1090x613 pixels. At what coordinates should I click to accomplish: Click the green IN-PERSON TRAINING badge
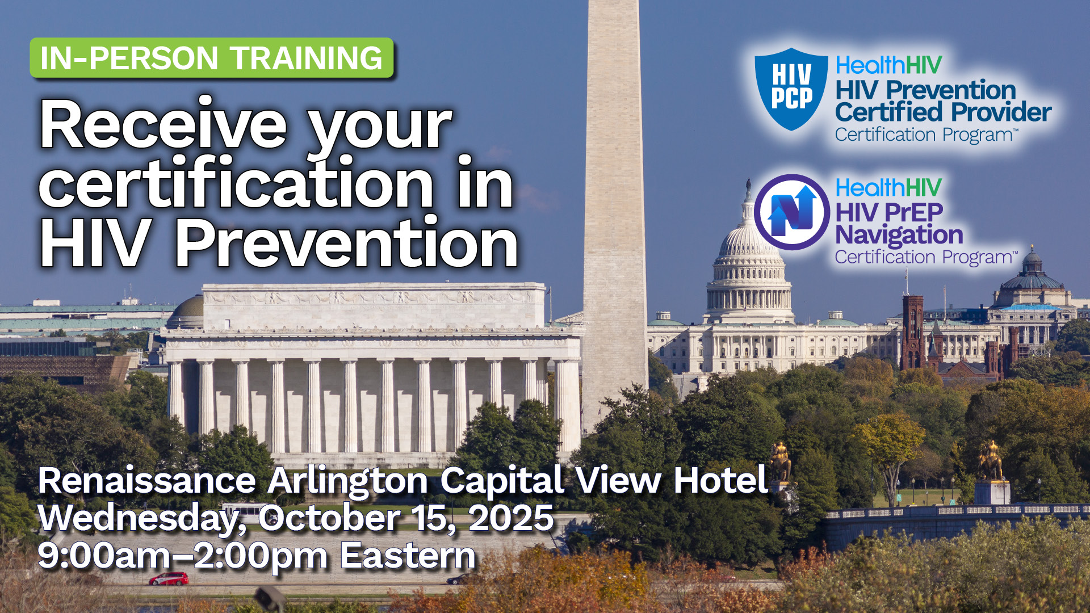point(211,58)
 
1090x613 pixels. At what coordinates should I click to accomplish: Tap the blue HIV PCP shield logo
point(791,89)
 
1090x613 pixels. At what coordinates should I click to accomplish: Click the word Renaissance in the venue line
point(147,481)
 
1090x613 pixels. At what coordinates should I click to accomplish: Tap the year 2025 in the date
point(511,518)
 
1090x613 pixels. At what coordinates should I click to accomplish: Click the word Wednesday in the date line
point(142,519)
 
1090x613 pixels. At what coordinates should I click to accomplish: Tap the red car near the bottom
point(169,579)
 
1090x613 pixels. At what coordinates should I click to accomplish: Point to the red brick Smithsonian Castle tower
point(912,332)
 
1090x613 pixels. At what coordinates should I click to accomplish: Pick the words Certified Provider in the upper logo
point(943,112)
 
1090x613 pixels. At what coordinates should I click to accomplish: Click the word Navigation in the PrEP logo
point(899,236)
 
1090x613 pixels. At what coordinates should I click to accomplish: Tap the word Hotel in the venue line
point(720,481)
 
